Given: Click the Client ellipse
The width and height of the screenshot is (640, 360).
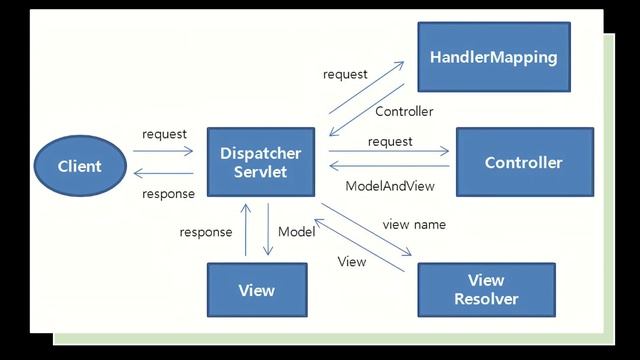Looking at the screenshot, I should (80, 165).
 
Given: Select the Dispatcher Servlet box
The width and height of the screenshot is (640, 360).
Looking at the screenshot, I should (260, 162).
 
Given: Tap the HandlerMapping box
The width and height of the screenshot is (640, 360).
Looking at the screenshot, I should (492, 58).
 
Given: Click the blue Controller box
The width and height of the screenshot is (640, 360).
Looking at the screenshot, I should (524, 162).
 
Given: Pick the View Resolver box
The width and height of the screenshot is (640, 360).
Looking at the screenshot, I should (486, 289).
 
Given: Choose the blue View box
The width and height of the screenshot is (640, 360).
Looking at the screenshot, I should (256, 290).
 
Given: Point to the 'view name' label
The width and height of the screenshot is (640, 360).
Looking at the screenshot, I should (414, 224).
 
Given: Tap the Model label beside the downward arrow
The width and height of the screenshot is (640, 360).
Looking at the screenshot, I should (296, 232).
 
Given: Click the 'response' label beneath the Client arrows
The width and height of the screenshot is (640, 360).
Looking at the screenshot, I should (168, 193).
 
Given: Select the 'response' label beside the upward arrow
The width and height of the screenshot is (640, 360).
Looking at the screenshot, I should (206, 232).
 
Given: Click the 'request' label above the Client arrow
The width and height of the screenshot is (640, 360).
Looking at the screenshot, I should (165, 134).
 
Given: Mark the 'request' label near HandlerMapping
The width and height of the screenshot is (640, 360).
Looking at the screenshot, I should (345, 74).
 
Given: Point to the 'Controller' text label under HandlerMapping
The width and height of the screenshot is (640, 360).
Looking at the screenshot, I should (404, 112).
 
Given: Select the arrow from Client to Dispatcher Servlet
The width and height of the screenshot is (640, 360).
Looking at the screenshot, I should (167, 152).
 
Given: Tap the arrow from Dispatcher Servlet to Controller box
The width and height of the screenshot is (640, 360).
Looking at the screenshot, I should (390, 152).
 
